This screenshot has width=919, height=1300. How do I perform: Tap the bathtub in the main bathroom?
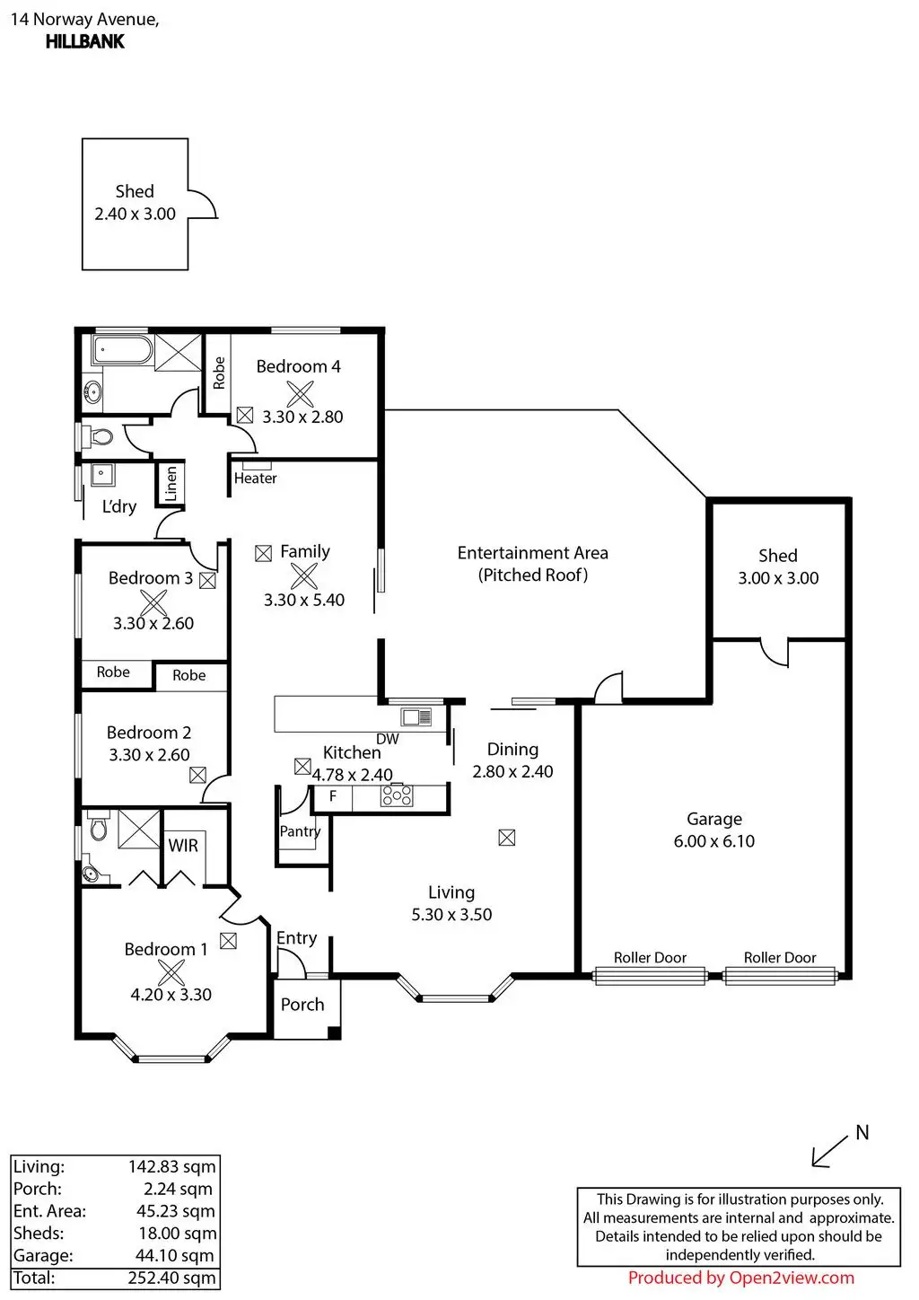(x=122, y=350)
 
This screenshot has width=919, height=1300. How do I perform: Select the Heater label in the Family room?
(x=255, y=479)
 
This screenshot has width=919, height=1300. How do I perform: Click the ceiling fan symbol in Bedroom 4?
(x=300, y=394)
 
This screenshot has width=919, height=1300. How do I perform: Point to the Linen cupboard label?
(x=171, y=483)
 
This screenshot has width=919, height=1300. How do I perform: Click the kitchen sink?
(x=416, y=717)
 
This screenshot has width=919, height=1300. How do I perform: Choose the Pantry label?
(x=300, y=831)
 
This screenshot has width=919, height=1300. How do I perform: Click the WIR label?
(x=183, y=846)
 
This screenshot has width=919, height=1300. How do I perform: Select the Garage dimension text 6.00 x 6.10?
(x=714, y=841)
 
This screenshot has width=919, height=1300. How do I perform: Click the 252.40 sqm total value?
(x=171, y=1278)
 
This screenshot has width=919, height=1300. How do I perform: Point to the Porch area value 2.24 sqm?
(x=178, y=1189)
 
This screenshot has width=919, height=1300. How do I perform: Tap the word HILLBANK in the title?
(x=85, y=42)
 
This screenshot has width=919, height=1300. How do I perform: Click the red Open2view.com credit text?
(x=741, y=1278)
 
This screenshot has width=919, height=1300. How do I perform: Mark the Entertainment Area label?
(x=532, y=552)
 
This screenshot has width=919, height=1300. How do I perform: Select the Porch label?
(x=302, y=1005)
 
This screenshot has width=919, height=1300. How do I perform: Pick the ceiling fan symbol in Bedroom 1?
(x=171, y=972)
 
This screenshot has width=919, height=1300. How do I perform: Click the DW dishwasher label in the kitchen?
(x=388, y=739)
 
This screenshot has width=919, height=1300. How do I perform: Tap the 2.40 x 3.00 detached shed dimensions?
(x=136, y=214)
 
